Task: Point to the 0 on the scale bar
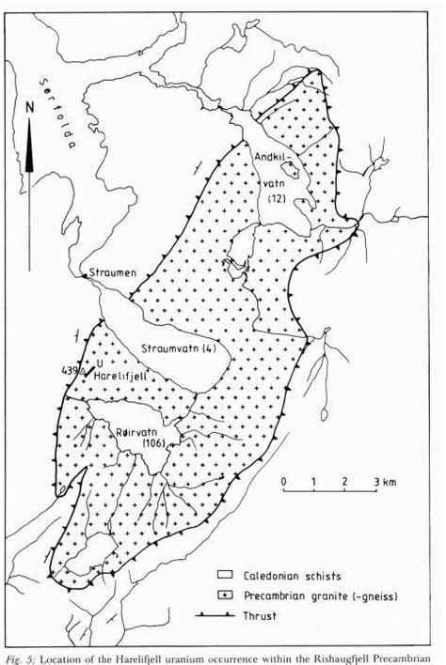tap(283, 482)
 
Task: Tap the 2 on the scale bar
tap(346, 482)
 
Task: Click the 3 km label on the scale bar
tap(385, 482)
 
